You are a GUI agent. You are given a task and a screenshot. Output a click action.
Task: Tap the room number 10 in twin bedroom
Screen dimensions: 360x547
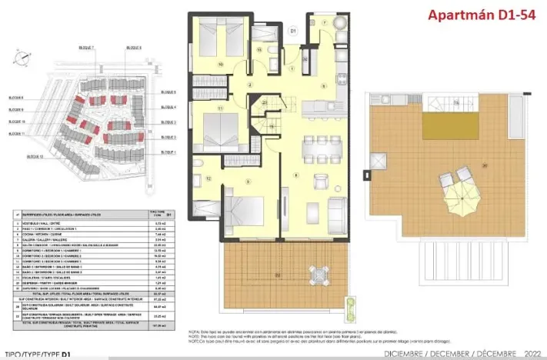[x=221, y=64]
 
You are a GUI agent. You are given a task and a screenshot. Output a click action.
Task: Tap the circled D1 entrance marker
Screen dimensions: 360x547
[x=293, y=31]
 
